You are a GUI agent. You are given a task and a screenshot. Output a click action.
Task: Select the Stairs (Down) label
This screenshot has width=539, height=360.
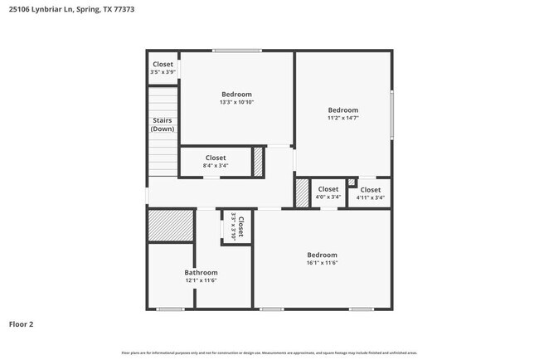(163, 124)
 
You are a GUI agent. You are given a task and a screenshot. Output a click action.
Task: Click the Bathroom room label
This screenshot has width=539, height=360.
(201, 273)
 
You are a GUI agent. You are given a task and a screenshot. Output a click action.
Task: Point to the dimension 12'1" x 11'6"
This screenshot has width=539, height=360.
(201, 281)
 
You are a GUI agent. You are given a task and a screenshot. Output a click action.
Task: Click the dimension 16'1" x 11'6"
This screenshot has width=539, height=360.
(323, 263)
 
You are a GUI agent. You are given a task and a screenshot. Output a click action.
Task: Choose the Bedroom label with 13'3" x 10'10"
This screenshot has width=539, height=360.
(236, 95)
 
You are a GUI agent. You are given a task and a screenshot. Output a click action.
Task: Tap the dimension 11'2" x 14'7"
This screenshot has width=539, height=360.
(342, 119)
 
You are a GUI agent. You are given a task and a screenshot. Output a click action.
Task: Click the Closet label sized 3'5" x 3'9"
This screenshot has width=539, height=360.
(163, 65)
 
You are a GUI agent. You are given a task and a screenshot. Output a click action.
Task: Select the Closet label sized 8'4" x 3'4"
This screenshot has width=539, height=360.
(216, 158)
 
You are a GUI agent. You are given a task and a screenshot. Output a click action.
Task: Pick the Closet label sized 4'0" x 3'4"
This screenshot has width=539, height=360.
(328, 189)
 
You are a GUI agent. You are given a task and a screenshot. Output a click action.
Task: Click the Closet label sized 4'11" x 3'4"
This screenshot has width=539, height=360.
(370, 190)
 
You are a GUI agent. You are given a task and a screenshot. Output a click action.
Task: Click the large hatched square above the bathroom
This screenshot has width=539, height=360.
(171, 226)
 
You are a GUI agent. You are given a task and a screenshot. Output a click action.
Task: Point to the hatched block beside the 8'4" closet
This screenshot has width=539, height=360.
(258, 160)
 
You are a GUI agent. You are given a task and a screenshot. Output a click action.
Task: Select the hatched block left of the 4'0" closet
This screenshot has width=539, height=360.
(302, 192)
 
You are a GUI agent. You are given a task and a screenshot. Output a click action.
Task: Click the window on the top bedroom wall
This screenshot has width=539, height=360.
(237, 51)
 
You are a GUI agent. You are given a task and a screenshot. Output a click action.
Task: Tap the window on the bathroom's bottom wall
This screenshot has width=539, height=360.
(171, 309)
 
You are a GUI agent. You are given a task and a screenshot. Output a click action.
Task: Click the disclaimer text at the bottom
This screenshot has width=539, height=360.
(269, 353)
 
